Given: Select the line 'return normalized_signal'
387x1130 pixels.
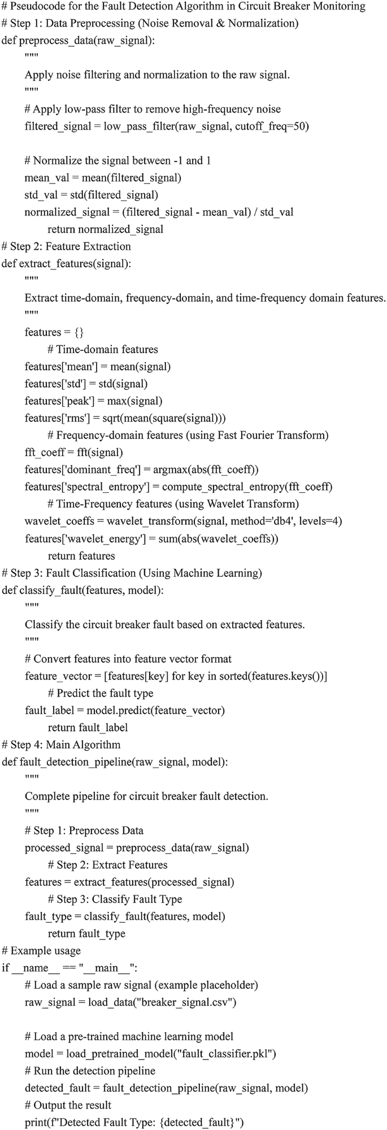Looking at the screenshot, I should pyautogui.click(x=106, y=229).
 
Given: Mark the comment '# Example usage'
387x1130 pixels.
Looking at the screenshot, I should pyautogui.click(x=42, y=951).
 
